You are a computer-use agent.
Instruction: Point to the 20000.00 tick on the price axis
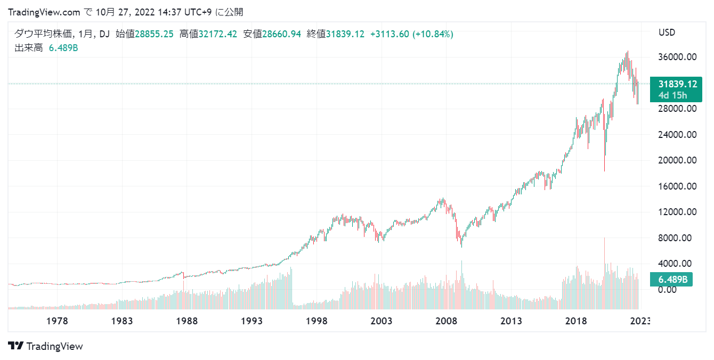pyautogui.click(x=678, y=160)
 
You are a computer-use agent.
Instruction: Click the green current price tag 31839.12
pyautogui.click(x=677, y=84)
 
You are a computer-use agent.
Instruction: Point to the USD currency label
pyautogui.click(x=667, y=32)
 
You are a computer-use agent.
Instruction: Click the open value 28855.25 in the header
pyautogui.click(x=154, y=34)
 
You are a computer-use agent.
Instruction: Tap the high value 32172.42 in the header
pyautogui.click(x=218, y=34)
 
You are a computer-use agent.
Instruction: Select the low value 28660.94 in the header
pyautogui.click(x=281, y=34)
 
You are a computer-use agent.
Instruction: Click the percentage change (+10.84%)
pyautogui.click(x=433, y=34)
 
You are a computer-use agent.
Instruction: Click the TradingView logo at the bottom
pyautogui.click(x=46, y=346)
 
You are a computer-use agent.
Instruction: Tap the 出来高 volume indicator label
pyautogui.click(x=28, y=48)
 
